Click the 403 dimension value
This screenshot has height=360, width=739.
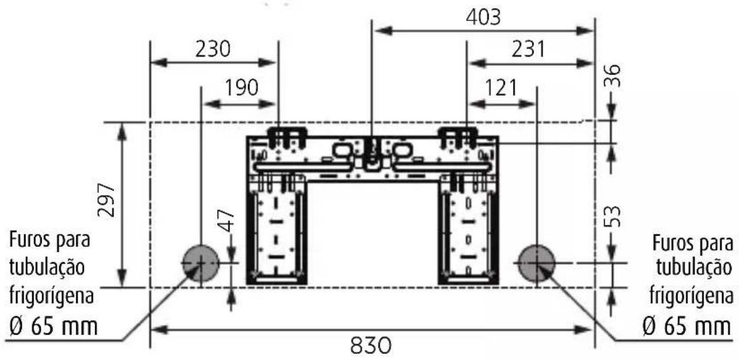pyautogui.click(x=483, y=18)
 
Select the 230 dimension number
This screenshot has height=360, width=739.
pyautogui.click(x=213, y=49)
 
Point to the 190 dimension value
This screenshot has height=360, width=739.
pyautogui.click(x=241, y=88)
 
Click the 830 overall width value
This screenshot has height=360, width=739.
pyautogui.click(x=371, y=347)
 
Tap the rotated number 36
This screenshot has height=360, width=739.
pyautogui.click(x=613, y=76)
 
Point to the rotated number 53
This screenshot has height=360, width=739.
pyautogui.click(x=613, y=216)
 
